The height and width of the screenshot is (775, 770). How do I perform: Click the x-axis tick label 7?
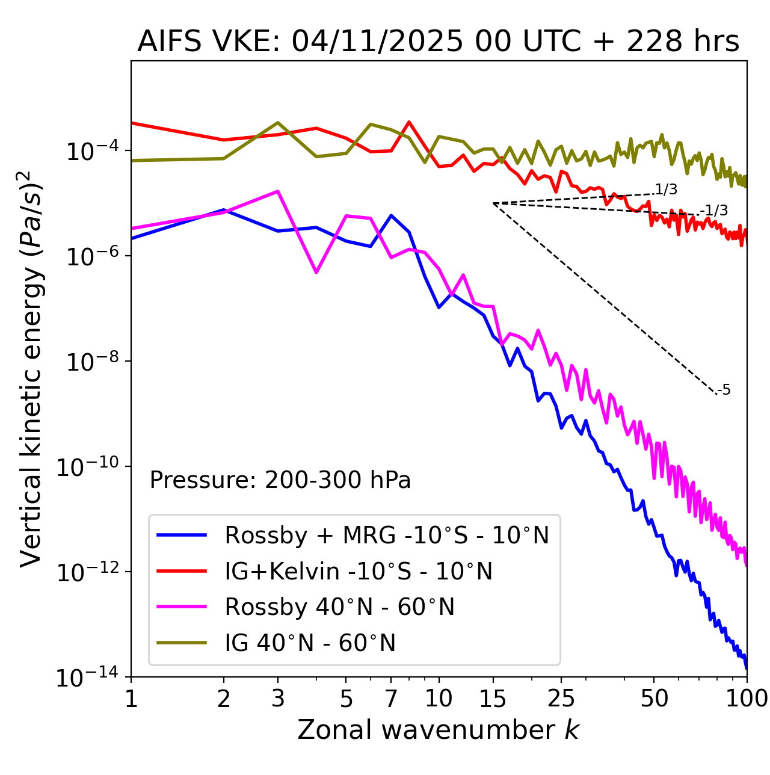[x=391, y=699]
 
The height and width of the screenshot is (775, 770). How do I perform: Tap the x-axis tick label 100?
[x=747, y=699]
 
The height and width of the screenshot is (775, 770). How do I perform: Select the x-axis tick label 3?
[x=278, y=699]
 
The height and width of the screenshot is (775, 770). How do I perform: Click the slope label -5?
[x=724, y=391]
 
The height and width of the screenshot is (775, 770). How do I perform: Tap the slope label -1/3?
[x=715, y=211]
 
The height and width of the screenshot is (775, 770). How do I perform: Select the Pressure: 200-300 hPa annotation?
[x=280, y=480]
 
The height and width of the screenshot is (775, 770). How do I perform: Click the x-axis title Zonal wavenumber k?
[x=438, y=730]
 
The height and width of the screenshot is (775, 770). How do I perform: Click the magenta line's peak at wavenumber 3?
[x=277, y=191]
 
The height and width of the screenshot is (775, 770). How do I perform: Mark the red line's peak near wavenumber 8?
[x=409, y=122]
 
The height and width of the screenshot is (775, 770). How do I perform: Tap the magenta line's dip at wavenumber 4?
[x=316, y=273]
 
